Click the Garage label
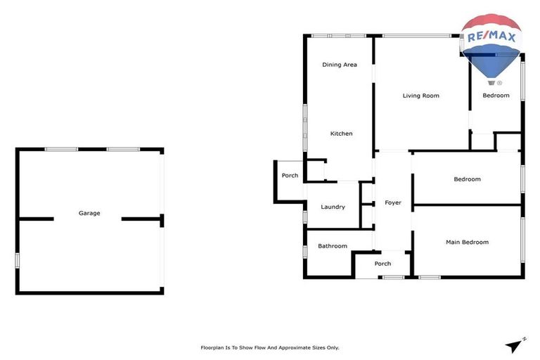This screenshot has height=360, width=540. pyautogui.click(x=89, y=213)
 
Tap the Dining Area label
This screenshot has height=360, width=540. pyautogui.click(x=340, y=65)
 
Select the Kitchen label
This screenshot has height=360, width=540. pyautogui.click(x=342, y=134)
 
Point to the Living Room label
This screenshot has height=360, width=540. pyautogui.click(x=420, y=96)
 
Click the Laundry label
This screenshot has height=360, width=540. pyautogui.click(x=333, y=207)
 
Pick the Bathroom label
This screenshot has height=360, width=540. pyautogui.click(x=333, y=246)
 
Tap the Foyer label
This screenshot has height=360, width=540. pyautogui.click(x=392, y=203)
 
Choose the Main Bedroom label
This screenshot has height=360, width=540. pyautogui.click(x=467, y=243)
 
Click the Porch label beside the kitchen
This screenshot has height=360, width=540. pyautogui.click(x=290, y=176)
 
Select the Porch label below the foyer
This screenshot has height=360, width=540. pyautogui.click(x=382, y=264)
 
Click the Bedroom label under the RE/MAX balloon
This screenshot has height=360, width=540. pyautogui.click(x=496, y=96)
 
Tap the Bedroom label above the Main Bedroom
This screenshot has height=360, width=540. pyautogui.click(x=467, y=179)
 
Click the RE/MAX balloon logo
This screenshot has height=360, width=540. pyautogui.click(x=491, y=45)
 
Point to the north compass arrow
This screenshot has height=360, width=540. pyautogui.click(x=515, y=345)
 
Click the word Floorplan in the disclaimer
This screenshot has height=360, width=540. pyautogui.click(x=214, y=347)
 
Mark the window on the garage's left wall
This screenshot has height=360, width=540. pyautogui.click(x=18, y=260)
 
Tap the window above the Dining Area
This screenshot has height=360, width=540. pyautogui.click(x=339, y=36)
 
